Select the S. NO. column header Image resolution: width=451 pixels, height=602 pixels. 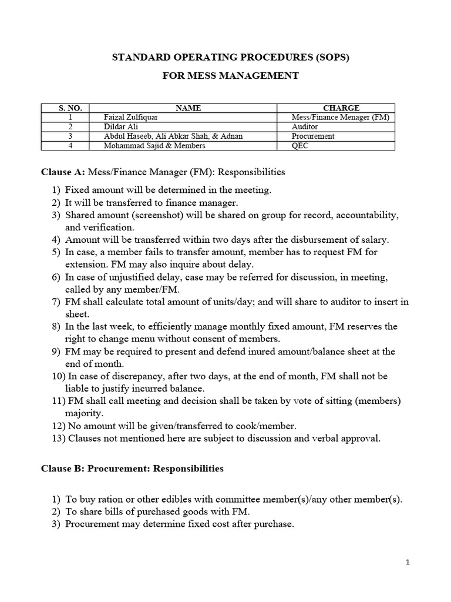click(70, 108)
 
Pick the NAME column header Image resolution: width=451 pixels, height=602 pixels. click(188, 108)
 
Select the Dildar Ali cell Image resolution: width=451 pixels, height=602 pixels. click(122, 126)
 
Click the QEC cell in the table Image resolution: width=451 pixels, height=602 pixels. click(300, 145)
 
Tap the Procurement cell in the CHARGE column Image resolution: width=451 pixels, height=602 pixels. click(313, 136)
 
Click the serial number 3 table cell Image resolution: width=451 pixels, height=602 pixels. click(70, 136)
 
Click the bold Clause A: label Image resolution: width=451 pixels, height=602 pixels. click(62, 172)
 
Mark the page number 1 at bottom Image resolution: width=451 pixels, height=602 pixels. click(408, 563)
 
